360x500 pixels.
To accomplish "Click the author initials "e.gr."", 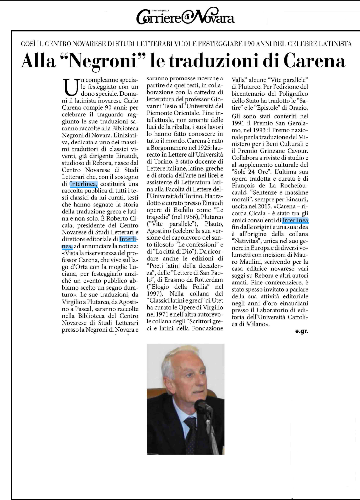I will pyautogui.click(x=302, y=332).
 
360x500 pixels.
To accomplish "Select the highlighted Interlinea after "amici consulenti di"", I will pyautogui.click(x=295, y=220).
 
